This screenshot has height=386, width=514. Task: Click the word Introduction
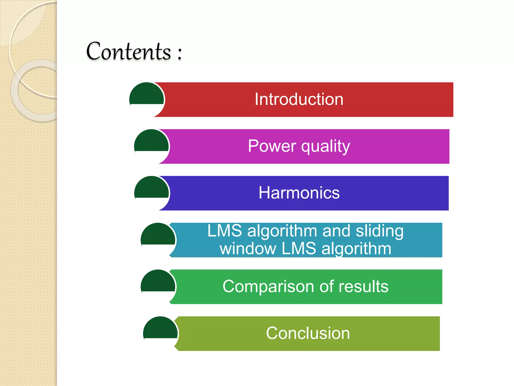click(299, 99)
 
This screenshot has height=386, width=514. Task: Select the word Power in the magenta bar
click(272, 146)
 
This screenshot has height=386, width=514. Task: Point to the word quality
click(326, 147)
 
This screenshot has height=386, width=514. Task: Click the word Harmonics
click(299, 193)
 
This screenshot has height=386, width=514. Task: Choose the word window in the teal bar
click(248, 249)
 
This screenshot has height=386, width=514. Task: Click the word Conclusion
click(308, 333)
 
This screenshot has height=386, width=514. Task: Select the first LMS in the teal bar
click(225, 231)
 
